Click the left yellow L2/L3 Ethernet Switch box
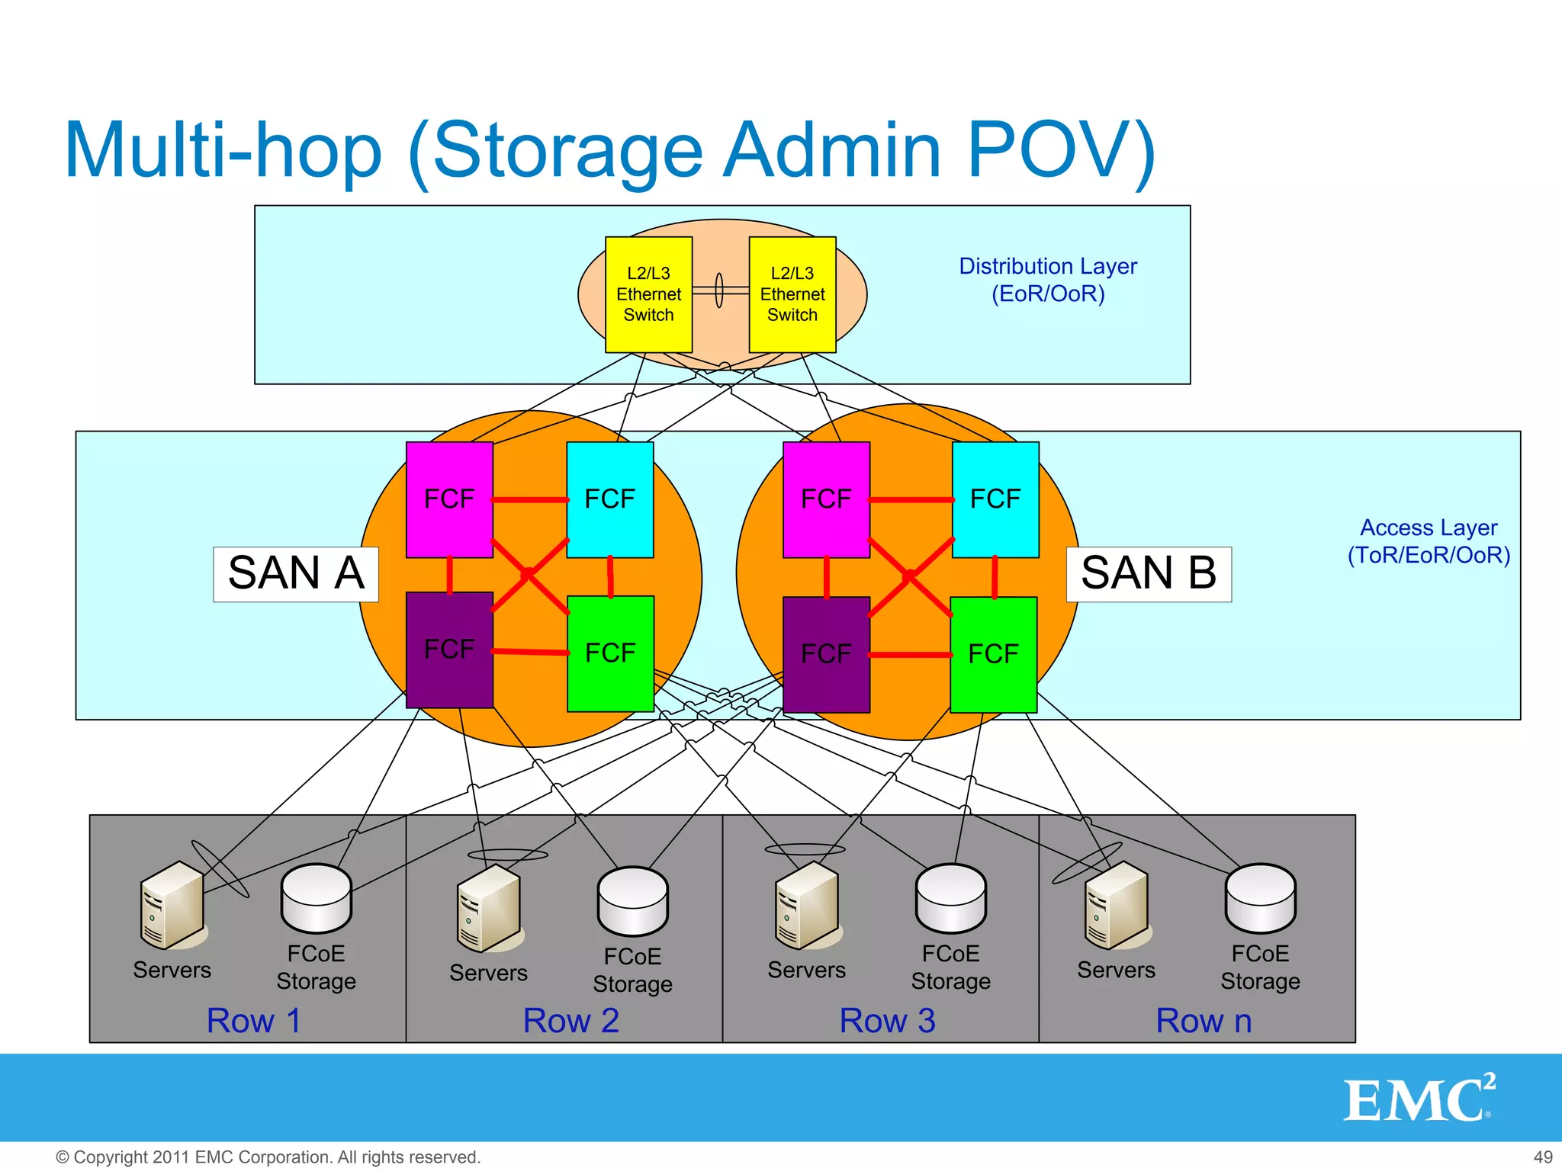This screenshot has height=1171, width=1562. (648, 294)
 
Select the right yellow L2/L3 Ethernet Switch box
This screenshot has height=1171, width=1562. (792, 294)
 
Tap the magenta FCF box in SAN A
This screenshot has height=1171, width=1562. (449, 499)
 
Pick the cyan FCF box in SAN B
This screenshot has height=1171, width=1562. (995, 499)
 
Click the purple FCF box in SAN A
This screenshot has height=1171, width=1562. (449, 650)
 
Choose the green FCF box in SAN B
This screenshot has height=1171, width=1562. (993, 654)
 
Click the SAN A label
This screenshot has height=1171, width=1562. (296, 574)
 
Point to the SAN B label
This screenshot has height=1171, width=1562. (1149, 574)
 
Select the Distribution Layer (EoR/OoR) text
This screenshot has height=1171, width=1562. (1048, 280)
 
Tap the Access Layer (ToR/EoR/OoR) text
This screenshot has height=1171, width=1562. (1429, 541)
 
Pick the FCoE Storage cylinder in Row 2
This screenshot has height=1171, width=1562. (633, 901)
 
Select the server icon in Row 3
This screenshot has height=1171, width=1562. (808, 906)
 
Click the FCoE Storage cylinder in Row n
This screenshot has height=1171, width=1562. (1260, 898)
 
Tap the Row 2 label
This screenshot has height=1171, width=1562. (570, 1021)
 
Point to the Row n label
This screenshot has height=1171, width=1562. (1204, 1021)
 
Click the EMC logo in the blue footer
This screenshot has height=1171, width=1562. (1419, 1099)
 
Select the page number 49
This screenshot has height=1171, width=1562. (1542, 1157)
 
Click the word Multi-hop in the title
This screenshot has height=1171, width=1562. (223, 151)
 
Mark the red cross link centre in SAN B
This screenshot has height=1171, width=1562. (910, 576)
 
